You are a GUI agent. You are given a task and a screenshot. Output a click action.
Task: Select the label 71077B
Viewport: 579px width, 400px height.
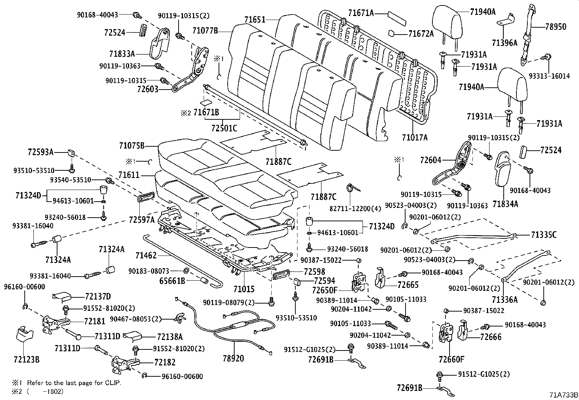pos(205,31)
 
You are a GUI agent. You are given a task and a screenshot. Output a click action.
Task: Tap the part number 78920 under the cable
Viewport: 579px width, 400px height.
pos(233,359)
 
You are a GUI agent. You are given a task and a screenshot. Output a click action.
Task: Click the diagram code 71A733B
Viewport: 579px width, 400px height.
pos(563,395)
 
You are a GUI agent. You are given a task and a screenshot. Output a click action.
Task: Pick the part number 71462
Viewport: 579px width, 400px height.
pos(145,256)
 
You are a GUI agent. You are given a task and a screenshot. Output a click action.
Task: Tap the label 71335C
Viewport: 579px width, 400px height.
pos(543,235)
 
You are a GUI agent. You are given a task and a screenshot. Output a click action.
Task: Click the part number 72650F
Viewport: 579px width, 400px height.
pos(325,290)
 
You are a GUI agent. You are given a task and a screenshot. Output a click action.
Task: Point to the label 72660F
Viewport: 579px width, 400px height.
pos(451,360)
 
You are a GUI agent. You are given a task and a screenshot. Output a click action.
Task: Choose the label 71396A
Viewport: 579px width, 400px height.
pos(504,43)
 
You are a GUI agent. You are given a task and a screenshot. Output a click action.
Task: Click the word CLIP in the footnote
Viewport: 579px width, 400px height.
pos(113,383)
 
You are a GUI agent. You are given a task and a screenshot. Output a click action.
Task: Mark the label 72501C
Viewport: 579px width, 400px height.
pos(224,128)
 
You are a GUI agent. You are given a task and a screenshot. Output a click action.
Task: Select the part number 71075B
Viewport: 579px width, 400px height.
pos(132,146)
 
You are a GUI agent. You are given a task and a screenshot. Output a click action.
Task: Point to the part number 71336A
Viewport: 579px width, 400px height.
pos(504,299)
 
